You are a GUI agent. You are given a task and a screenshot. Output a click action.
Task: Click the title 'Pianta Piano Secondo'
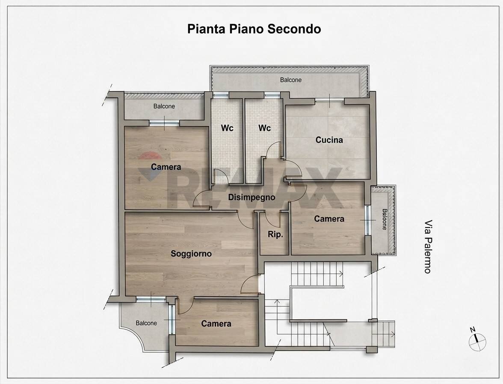pos(254,29)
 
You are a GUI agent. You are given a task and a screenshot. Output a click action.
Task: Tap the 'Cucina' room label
pos(329,140)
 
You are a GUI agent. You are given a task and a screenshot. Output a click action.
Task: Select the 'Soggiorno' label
pos(191,254)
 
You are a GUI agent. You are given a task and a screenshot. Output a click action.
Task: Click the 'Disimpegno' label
pos(251,198)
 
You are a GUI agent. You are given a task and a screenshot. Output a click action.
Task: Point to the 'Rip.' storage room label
pos(275,234)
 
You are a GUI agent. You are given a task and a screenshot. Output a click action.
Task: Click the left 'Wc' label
pos(227,128)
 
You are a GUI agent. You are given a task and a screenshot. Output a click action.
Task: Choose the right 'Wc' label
pos(264,128)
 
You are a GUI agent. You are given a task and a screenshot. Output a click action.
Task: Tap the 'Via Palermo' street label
pos(427,247)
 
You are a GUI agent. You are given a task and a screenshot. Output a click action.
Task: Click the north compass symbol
pos(477,342)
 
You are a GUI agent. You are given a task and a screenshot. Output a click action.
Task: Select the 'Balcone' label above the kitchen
pos(291,80)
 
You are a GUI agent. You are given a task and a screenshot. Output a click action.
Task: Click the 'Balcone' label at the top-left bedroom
pos(164,106)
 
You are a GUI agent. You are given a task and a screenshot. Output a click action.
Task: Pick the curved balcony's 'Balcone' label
pos(146,323)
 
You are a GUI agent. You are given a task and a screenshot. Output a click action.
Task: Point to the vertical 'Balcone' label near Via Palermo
pos(384,219)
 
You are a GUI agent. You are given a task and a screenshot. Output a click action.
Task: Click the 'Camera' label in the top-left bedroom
pos(166,167)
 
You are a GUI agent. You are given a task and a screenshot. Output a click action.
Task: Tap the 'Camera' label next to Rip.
pos(329,219)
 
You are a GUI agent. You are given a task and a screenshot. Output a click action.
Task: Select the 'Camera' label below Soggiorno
pos(216,324)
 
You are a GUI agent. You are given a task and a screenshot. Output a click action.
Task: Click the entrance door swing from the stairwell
pos(250,285)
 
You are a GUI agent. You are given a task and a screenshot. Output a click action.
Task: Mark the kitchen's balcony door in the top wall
pos(330,101)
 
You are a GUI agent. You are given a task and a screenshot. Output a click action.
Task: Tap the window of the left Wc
pos(221,95)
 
